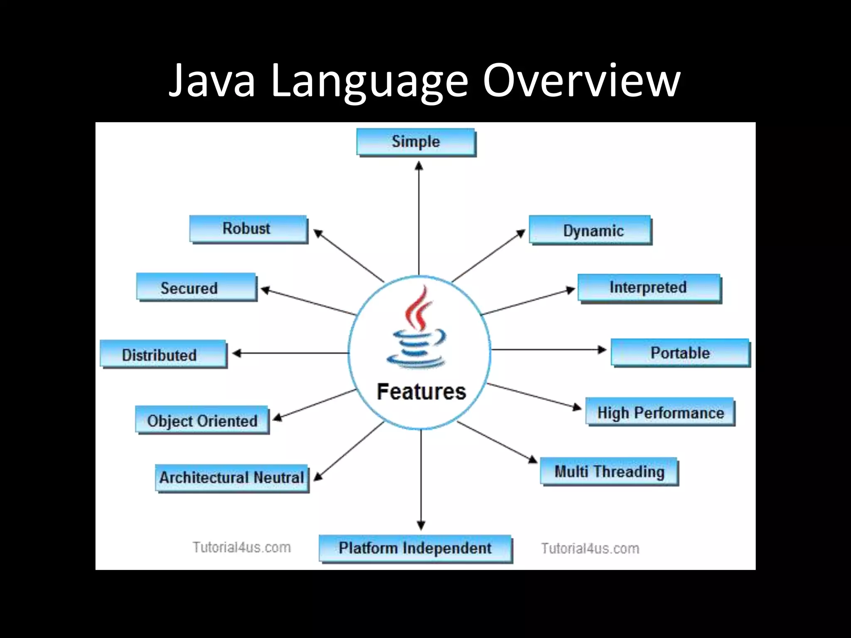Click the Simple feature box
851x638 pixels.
coord(416,142)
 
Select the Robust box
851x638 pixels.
coord(248,229)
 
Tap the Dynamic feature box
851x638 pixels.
coord(590,230)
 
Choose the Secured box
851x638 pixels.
coord(196,287)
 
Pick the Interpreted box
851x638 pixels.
coord(649,288)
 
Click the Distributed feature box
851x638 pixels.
coord(163,354)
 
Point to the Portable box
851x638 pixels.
coord(680,353)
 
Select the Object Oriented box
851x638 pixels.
coord(202,420)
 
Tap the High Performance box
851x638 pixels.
coord(660,412)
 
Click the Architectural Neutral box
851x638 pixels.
coord(232,478)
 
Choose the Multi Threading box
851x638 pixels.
coord(609,471)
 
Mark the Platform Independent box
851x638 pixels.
coord(415,548)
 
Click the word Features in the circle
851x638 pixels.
coord(421,392)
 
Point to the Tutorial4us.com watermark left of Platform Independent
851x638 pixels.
coord(241,547)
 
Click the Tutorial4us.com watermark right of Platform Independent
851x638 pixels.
coord(590,548)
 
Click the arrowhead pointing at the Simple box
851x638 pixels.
coord(419,166)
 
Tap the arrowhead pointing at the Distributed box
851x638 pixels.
coord(237,353)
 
